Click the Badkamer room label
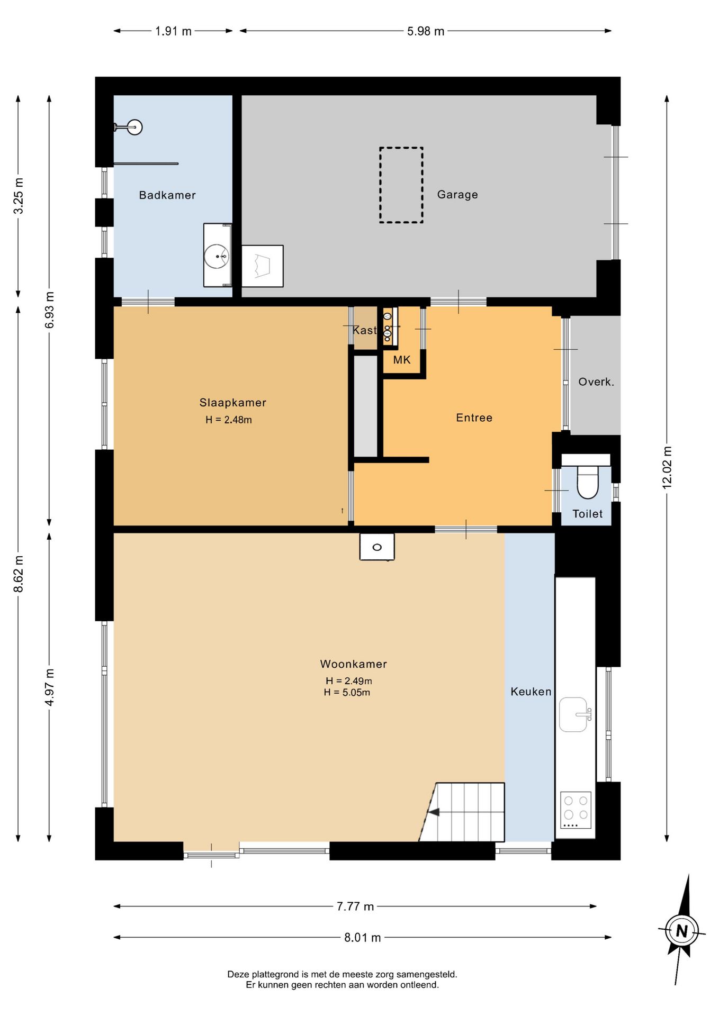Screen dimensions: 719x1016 [167, 195]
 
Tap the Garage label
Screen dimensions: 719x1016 [457, 195]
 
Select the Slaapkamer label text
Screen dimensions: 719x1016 [233, 403]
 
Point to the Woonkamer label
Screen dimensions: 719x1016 [354, 664]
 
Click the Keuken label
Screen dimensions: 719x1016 [531, 692]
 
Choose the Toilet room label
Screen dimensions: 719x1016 [588, 514]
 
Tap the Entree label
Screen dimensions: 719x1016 [474, 418]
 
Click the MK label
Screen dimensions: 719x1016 [402, 360]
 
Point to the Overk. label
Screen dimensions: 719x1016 [596, 382]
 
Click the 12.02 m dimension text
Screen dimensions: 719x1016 [667, 467]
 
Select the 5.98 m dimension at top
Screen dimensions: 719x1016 [426, 31]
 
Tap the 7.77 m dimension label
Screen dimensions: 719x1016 [355, 906]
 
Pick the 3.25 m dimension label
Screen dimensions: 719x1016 [19, 196]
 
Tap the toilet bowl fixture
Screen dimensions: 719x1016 [587, 482]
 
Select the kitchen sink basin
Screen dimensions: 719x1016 [573, 714]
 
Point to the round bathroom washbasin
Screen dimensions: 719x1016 [217, 256]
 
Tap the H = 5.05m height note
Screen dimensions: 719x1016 [347, 693]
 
